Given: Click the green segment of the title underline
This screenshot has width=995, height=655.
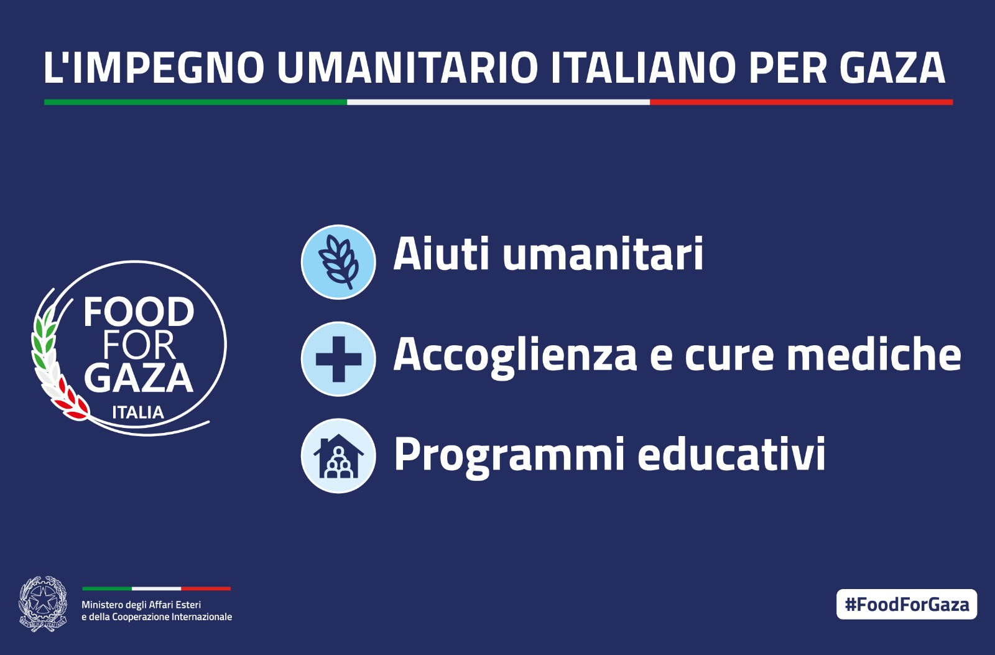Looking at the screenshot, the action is tap(195, 102).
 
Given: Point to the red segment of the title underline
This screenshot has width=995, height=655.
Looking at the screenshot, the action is tap(802, 102).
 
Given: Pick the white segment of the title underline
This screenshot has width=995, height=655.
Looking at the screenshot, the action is tap(498, 102).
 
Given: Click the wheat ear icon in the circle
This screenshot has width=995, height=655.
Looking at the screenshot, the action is tap(338, 262).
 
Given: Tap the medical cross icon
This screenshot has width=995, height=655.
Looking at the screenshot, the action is tap(338, 359).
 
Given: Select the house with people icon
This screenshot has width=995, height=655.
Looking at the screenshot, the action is tap(338, 456).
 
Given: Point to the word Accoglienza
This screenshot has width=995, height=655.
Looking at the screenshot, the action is tap(516, 354).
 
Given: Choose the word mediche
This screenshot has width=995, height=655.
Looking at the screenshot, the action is tap(874, 354).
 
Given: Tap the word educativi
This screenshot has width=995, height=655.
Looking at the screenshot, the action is tap(731, 453).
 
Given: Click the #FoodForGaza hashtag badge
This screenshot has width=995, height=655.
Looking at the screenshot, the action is tap(907, 605).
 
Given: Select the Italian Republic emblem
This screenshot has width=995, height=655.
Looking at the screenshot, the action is tap(43, 603).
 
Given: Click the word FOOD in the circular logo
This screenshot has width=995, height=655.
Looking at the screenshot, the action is tap(139, 312).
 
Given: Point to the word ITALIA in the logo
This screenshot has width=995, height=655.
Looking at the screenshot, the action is tap(138, 412).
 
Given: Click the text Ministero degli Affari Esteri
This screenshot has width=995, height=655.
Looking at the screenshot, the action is tap(141, 605).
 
